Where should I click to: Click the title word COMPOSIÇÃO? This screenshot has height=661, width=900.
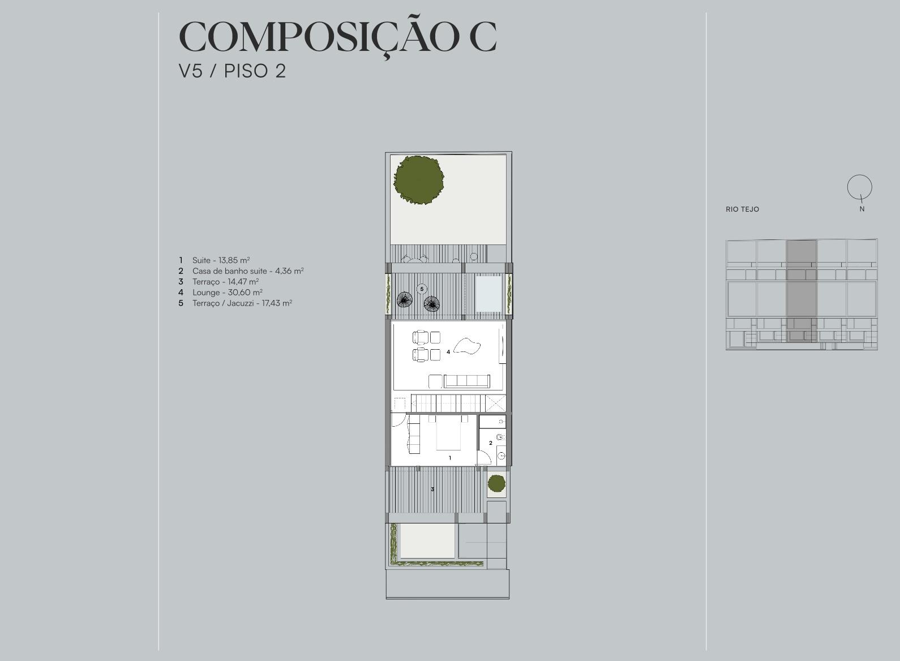click(x=319, y=37)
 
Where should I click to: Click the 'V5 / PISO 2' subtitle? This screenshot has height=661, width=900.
click(x=232, y=71)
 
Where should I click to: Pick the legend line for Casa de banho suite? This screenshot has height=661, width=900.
click(x=241, y=271)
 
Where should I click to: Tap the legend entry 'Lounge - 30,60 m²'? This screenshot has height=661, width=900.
click(x=221, y=293)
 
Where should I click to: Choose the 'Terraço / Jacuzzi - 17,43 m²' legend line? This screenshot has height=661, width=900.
click(x=235, y=303)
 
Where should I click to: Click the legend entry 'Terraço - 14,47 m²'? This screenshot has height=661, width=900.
click(x=218, y=282)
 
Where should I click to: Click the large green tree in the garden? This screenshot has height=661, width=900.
click(x=418, y=180)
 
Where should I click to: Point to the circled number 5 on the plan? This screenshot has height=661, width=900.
click(x=422, y=289)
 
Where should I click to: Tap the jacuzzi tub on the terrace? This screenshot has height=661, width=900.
click(x=488, y=293)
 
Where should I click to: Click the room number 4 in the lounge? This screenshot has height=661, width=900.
click(x=448, y=352)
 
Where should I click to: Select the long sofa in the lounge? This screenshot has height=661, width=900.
click(x=466, y=381)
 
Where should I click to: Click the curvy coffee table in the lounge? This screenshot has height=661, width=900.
click(x=467, y=346)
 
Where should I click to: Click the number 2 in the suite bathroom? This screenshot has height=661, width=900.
click(x=491, y=443)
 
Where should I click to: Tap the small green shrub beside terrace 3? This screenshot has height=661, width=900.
click(x=496, y=483)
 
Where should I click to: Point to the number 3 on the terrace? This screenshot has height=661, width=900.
click(x=432, y=489)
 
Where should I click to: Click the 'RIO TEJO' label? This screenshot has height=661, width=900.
click(x=743, y=209)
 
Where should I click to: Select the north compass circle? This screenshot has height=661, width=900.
click(x=860, y=187)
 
